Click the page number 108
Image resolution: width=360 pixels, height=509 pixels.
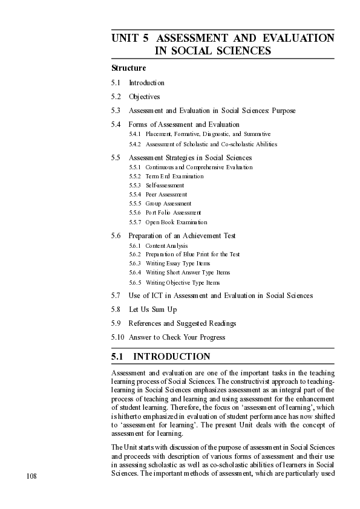pos(31,476)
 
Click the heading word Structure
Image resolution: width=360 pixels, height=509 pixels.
pos(128,68)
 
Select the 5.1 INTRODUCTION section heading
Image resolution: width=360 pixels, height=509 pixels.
pos(161,357)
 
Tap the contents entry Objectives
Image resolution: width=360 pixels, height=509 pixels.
pos(144,97)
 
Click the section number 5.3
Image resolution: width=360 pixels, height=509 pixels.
pos(116,111)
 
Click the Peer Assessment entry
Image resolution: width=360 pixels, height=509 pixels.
pos(166,195)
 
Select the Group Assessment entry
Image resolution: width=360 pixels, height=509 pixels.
pos(168,204)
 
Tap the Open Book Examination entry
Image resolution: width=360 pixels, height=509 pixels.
pos(176,222)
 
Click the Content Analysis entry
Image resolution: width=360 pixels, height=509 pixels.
pos(166,246)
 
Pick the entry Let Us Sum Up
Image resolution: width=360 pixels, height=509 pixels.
pos(152,310)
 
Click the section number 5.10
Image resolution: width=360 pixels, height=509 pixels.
pos(117,337)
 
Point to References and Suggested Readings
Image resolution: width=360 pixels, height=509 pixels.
pos(182,323)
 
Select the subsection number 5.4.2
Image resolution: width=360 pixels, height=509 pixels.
pos(134,144)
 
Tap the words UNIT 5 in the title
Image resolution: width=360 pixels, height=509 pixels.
pos(129,39)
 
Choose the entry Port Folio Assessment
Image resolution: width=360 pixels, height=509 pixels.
pos(173,213)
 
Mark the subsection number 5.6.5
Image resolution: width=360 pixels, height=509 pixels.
pos(134,282)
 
